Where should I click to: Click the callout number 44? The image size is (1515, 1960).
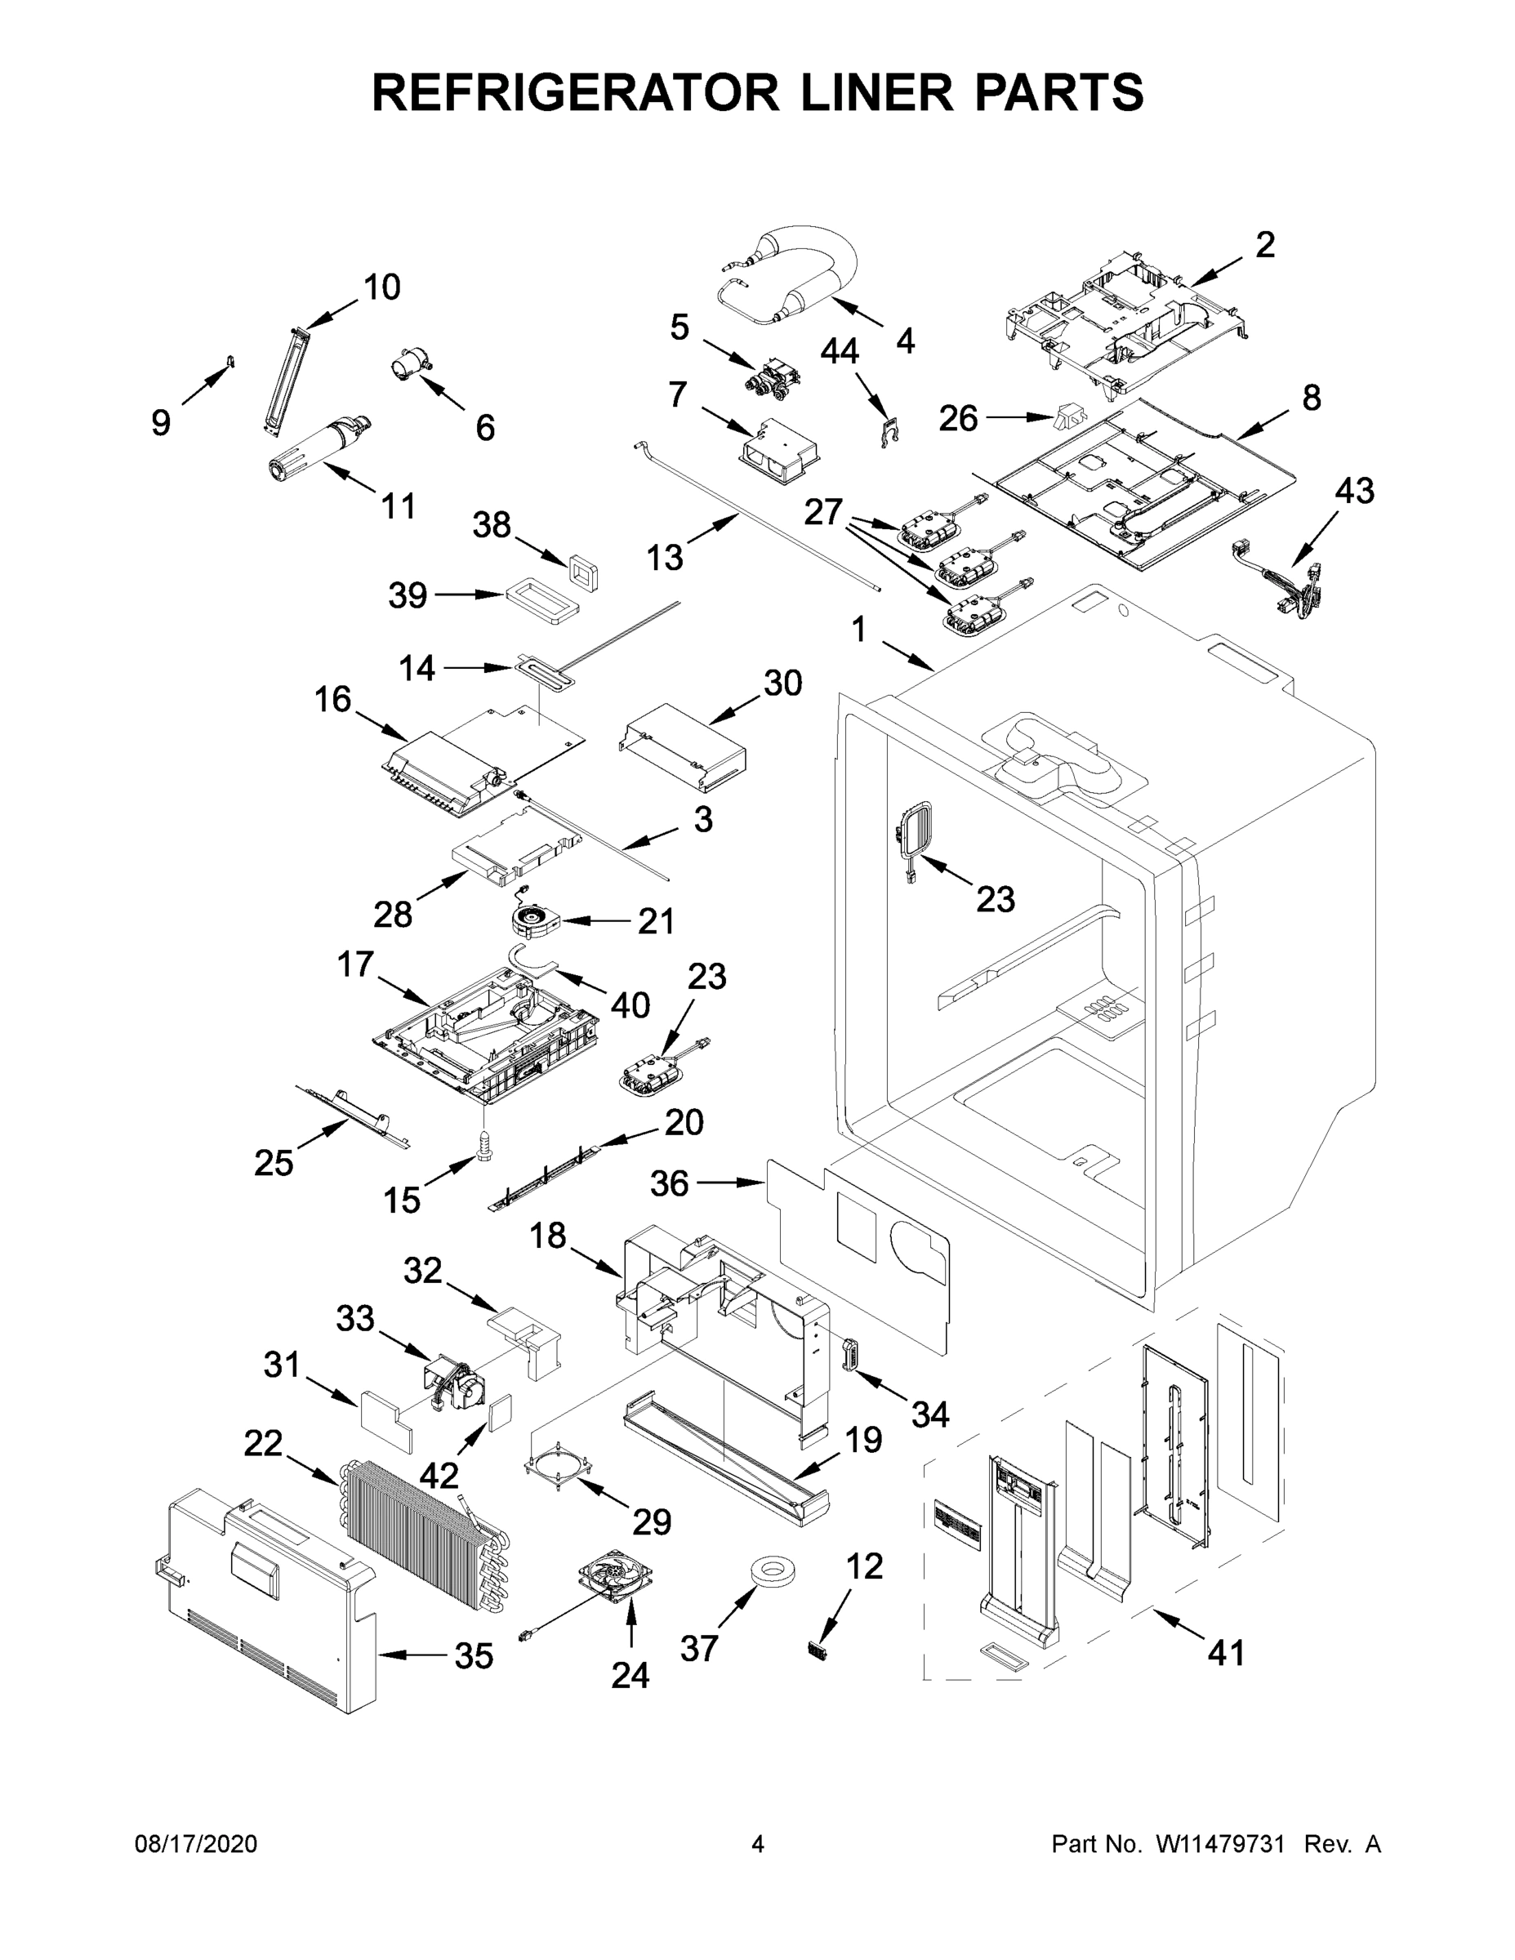(x=840, y=352)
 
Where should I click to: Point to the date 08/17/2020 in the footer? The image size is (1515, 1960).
(x=196, y=1844)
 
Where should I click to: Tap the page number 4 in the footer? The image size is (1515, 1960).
(x=758, y=1844)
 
